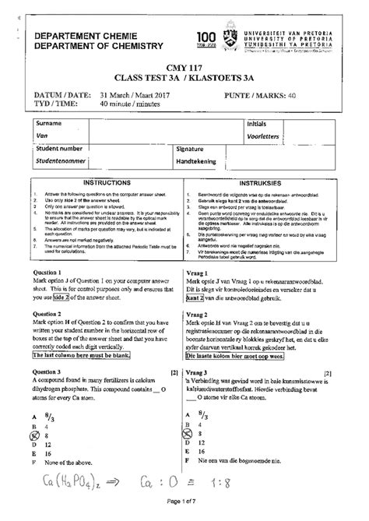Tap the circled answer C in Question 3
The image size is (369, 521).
[x=34, y=434]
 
